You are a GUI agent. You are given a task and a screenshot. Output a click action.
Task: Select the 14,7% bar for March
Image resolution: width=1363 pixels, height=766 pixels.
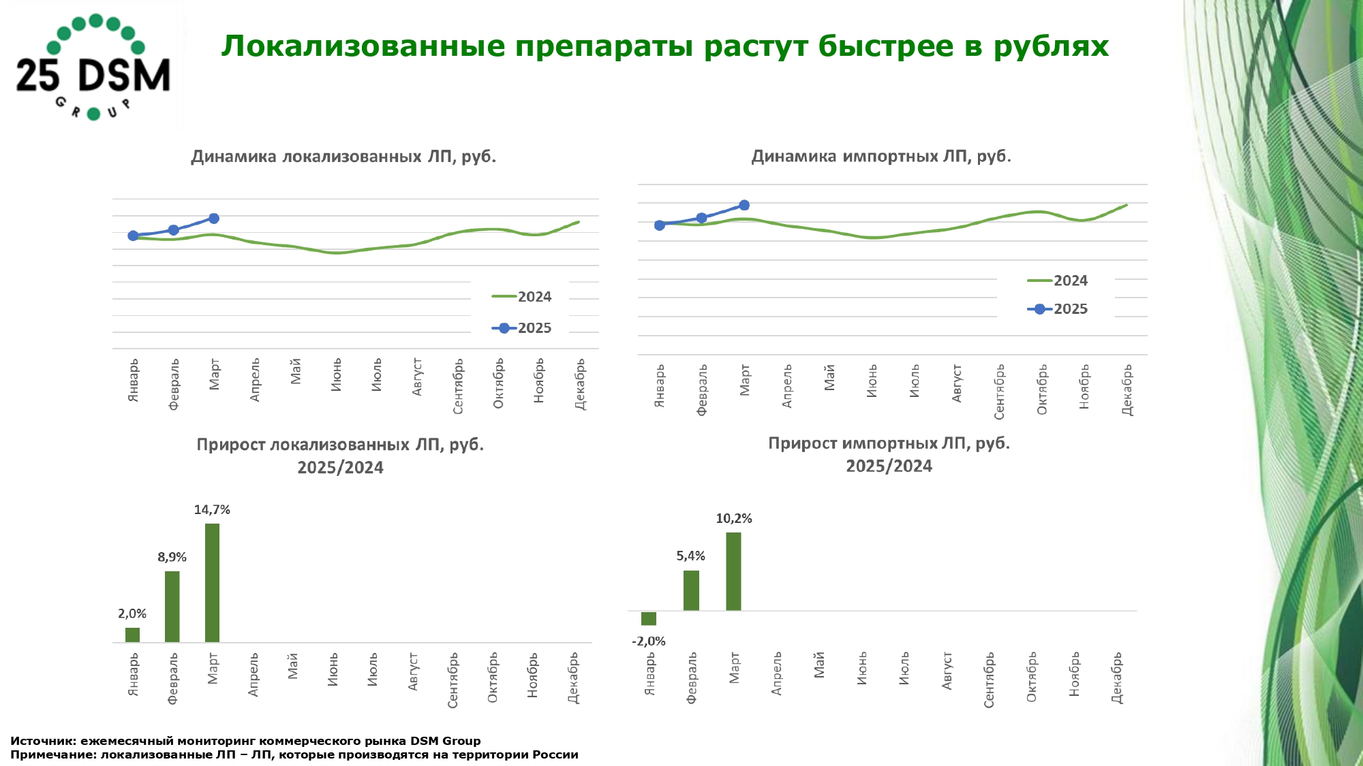pyautogui.click(x=212, y=582)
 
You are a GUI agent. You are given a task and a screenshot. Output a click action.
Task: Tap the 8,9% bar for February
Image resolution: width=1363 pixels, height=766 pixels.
pyautogui.click(x=172, y=606)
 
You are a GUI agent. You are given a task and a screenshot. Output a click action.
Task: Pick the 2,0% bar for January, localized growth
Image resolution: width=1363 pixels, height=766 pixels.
pyautogui.click(x=132, y=635)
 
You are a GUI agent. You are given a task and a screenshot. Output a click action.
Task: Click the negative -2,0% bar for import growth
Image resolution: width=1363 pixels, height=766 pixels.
pyautogui.click(x=649, y=618)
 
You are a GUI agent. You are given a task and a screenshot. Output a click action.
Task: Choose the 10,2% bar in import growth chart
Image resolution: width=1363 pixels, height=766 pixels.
pyautogui.click(x=733, y=571)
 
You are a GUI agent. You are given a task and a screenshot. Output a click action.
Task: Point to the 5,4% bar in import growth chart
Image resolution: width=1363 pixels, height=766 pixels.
pyautogui.click(x=691, y=590)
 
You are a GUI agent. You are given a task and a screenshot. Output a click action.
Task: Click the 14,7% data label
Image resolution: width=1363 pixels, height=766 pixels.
pyautogui.click(x=212, y=510)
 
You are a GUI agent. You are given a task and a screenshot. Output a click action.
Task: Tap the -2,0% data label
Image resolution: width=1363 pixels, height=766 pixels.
pyautogui.click(x=649, y=641)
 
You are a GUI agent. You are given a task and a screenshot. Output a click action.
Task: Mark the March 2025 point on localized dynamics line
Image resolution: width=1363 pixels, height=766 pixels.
pyautogui.click(x=214, y=219)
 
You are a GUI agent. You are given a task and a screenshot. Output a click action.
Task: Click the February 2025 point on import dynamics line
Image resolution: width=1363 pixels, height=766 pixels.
pyautogui.click(x=701, y=218)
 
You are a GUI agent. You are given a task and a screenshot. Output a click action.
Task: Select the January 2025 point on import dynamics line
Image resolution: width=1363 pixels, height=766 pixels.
pyautogui.click(x=659, y=225)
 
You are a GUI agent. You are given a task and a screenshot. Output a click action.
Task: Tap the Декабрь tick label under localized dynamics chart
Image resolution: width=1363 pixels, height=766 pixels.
pyautogui.click(x=580, y=384)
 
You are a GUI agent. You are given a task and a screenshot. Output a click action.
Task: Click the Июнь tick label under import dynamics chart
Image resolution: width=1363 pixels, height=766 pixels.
pyautogui.click(x=872, y=381)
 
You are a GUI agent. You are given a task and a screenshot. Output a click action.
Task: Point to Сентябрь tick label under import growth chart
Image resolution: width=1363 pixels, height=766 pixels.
pyautogui.click(x=989, y=680)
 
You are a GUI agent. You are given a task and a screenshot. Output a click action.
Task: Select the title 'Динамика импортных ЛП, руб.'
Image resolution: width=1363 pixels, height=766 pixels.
pyautogui.click(x=881, y=156)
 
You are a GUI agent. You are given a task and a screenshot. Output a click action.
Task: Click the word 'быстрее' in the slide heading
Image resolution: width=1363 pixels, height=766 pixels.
pyautogui.click(x=884, y=46)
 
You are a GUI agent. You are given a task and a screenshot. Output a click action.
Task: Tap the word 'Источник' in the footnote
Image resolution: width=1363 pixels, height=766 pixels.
pyautogui.click(x=42, y=741)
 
